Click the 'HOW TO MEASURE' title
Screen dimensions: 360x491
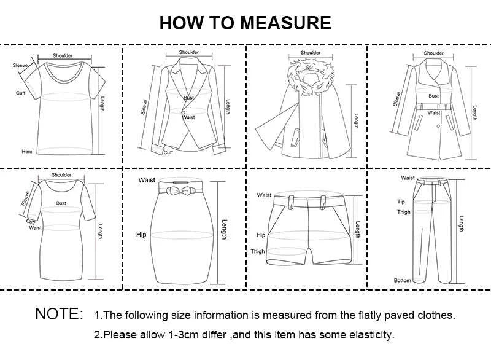coord(245,23)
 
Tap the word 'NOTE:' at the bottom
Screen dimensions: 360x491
coord(59,314)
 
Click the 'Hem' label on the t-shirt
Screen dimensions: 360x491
coord(26,151)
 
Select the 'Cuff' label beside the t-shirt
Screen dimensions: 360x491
coord(20,93)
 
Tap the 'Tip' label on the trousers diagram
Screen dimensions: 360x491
coord(401,202)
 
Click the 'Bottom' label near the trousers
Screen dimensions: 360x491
coord(402,280)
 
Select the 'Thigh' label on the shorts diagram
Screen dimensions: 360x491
coord(258,251)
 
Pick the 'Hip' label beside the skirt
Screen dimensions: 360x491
coord(141,235)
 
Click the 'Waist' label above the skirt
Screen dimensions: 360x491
coord(147,180)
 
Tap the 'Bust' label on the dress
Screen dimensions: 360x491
coord(61,203)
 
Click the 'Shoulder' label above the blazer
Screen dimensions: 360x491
coord(189,52)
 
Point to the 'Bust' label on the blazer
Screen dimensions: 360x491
coord(188,98)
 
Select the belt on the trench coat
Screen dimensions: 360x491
coord(435,107)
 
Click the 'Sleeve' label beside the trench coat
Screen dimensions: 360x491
coord(397,98)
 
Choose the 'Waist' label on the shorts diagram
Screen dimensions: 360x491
coord(264,195)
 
